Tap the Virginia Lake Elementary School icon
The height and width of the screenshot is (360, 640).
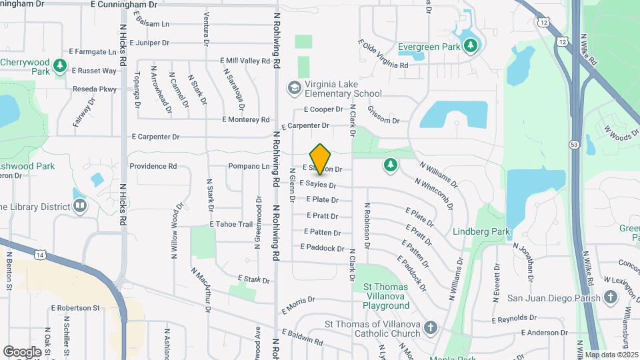coord(293,88)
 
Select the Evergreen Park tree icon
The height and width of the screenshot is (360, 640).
coord(471,46)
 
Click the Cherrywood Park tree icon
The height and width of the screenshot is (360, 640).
coord(60,65)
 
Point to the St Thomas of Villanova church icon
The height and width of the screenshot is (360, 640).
coord(431,328)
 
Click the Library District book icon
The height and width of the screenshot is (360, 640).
coord(79,206)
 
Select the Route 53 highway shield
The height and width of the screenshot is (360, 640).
coord(574,143)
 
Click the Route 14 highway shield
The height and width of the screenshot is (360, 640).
coord(42,255)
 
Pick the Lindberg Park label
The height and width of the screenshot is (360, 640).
coord(481,232)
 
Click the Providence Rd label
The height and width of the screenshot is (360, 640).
coord(153,166)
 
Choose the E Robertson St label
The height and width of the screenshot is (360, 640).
coord(75,308)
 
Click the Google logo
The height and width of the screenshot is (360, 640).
coord(22,351)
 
